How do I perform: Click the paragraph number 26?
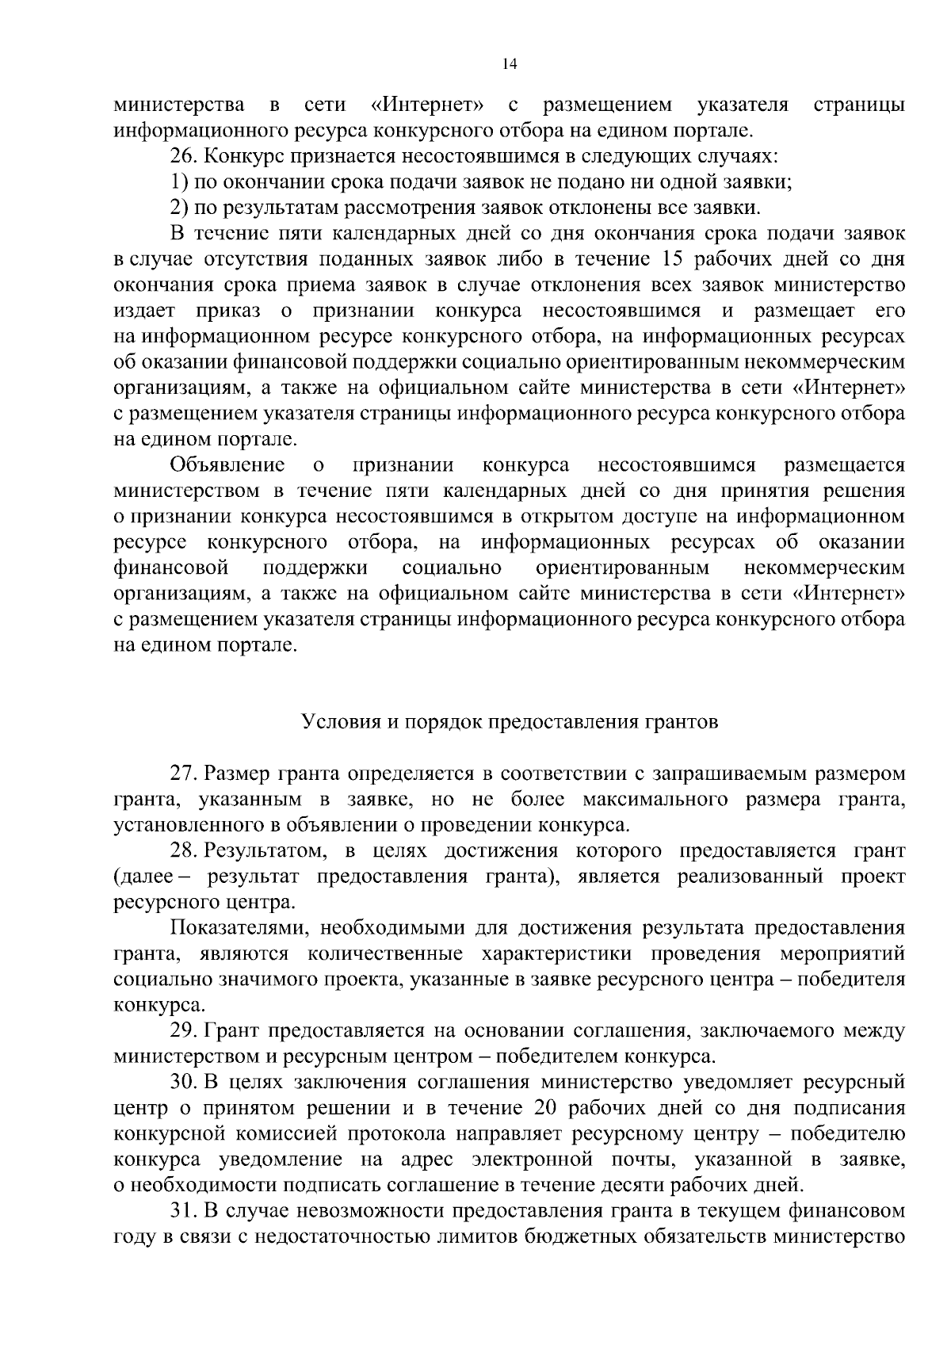pyautogui.click(x=182, y=156)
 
